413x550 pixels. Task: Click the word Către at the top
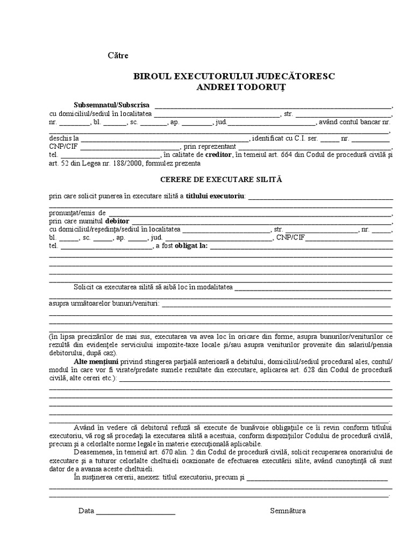point(118,55)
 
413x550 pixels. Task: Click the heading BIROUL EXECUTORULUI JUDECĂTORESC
point(234,76)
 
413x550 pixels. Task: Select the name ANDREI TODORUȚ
point(234,87)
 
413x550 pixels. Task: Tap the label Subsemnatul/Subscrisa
point(112,105)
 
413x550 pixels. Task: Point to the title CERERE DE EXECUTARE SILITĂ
point(220,179)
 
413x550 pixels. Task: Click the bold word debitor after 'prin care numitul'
point(117,220)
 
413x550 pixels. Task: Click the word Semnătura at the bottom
point(288,511)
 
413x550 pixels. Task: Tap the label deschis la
point(64,138)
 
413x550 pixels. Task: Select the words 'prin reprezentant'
point(210,146)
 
